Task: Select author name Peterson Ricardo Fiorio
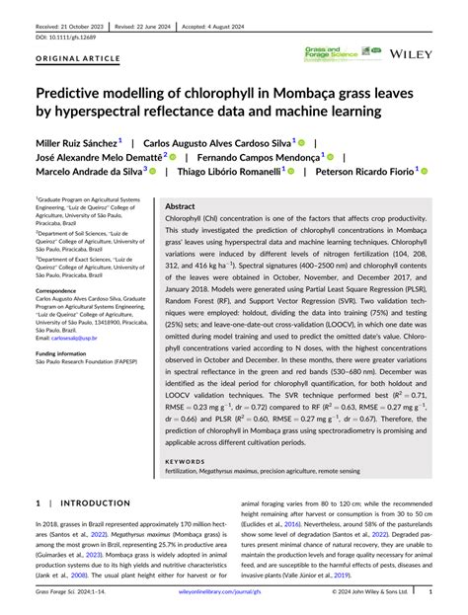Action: click(362, 170)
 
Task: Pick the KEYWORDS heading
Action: click(191, 460)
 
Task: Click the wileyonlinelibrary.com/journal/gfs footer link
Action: click(234, 593)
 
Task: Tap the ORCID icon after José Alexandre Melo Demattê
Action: click(172, 156)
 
